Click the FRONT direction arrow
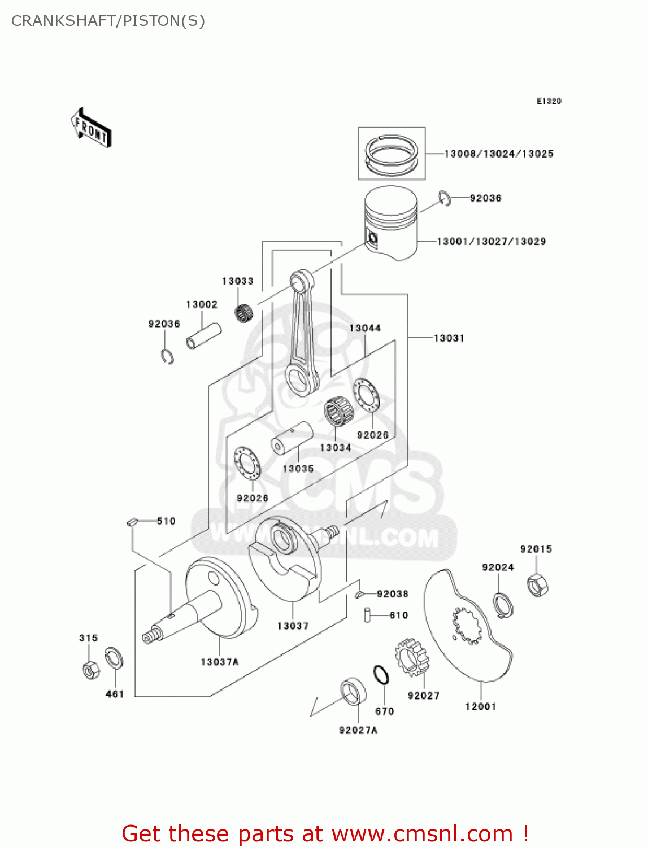91,128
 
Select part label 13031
449,338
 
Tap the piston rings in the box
392,154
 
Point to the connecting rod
302,333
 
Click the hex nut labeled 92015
537,585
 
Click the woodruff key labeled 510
132,522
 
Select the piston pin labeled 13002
203,336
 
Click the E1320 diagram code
549,101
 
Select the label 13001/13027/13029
491,242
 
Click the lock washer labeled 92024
502,605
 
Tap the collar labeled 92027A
353,692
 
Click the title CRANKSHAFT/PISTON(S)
108,21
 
